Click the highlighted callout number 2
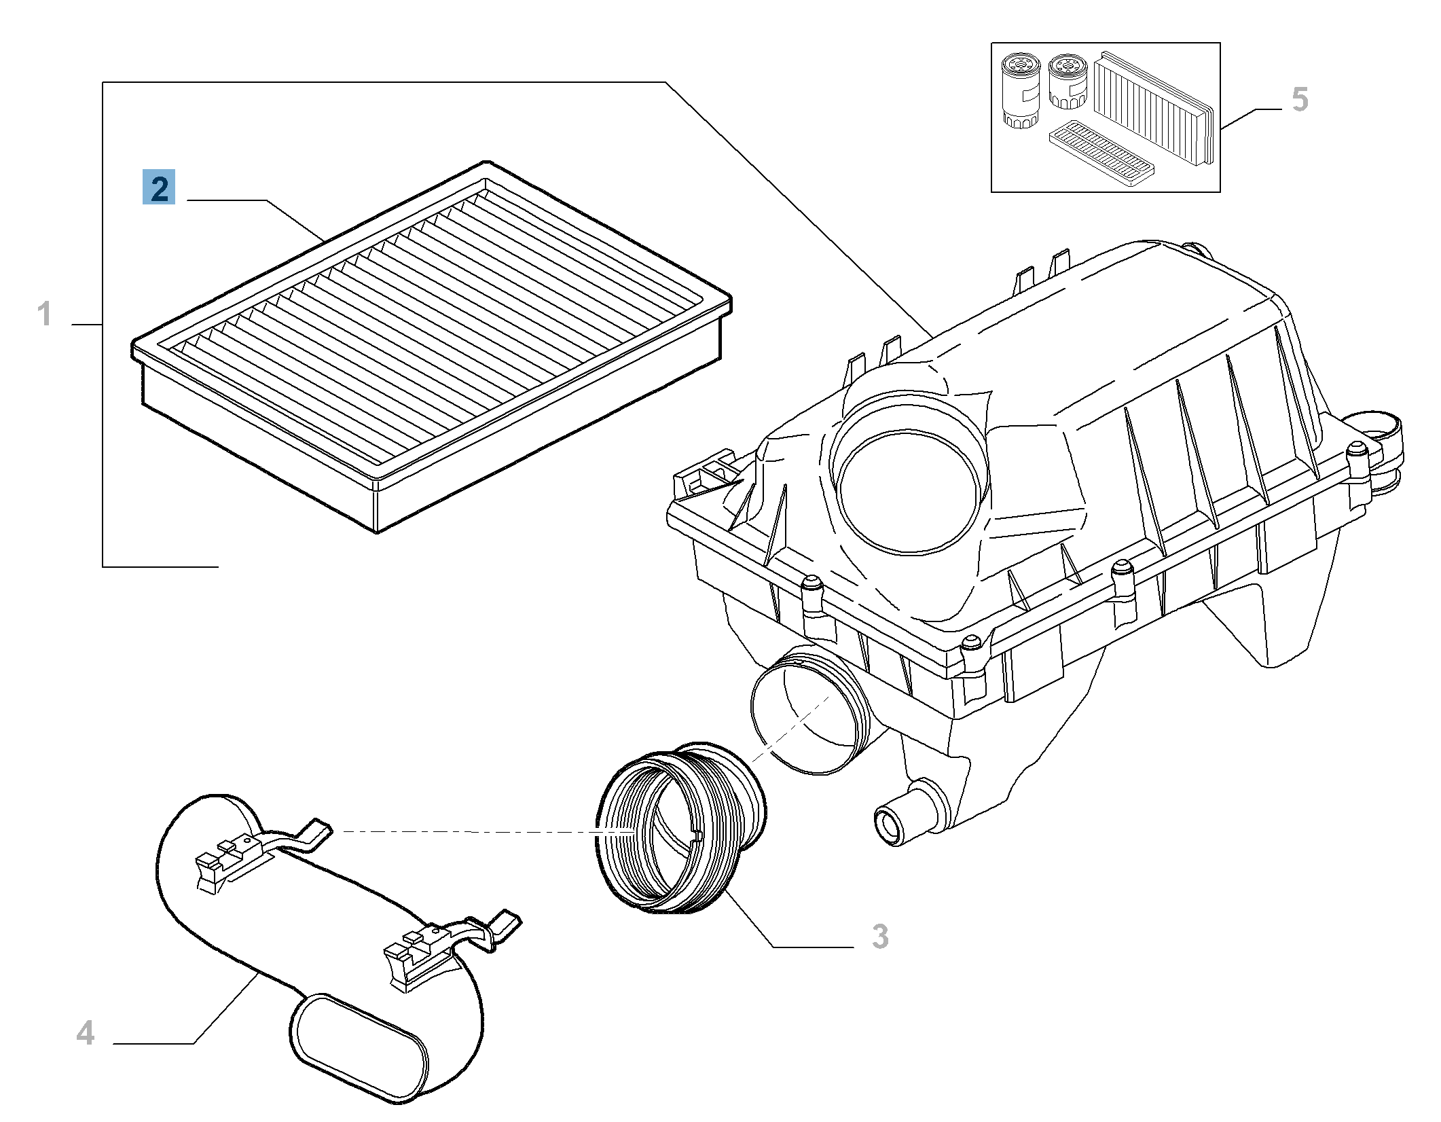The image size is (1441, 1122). click(x=158, y=187)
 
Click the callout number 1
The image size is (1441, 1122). click(x=44, y=315)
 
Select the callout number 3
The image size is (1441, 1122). click(x=879, y=937)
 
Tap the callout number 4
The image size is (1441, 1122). click(x=85, y=1034)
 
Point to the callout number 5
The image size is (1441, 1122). click(x=1299, y=100)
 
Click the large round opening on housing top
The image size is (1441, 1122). click(x=909, y=490)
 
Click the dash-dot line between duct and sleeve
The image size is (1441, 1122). click(x=469, y=831)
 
